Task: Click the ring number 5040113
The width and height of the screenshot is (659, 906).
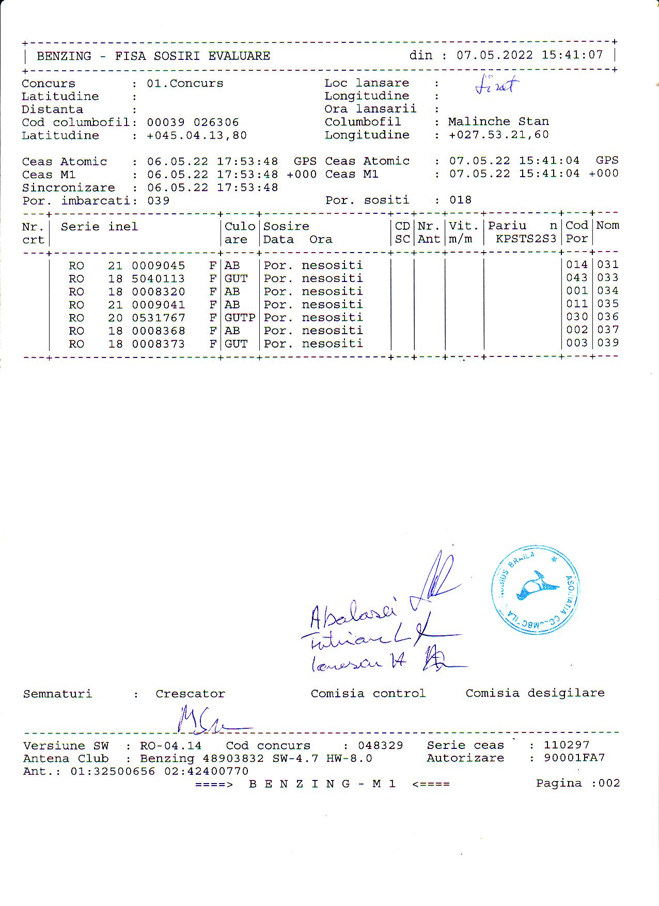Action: click(158, 278)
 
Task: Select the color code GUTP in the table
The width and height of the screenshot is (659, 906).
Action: click(240, 318)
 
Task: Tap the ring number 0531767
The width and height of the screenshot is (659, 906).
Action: click(158, 318)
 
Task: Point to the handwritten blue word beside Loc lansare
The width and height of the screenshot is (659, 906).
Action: click(496, 86)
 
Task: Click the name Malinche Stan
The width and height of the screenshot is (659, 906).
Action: click(498, 121)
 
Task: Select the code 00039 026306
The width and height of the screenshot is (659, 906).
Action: click(193, 122)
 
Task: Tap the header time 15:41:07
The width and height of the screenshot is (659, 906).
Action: click(572, 55)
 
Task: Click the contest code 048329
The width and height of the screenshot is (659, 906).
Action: click(380, 745)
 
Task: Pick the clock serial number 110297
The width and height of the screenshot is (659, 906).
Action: click(566, 745)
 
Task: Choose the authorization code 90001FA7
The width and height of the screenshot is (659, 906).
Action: click(574, 758)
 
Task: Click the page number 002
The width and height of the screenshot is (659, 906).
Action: click(609, 783)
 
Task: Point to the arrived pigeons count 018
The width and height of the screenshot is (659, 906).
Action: click(460, 200)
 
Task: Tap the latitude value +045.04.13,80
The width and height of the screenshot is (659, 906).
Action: click(197, 135)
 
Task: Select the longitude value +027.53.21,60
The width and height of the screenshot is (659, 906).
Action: click(498, 135)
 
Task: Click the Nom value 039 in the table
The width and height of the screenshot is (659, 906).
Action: click(608, 342)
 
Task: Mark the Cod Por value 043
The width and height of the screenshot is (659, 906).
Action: click(576, 278)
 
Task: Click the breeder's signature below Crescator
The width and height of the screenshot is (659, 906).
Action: click(207, 721)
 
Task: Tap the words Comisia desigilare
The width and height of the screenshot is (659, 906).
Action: click(535, 693)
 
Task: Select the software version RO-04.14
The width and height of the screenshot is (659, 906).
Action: click(170, 745)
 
